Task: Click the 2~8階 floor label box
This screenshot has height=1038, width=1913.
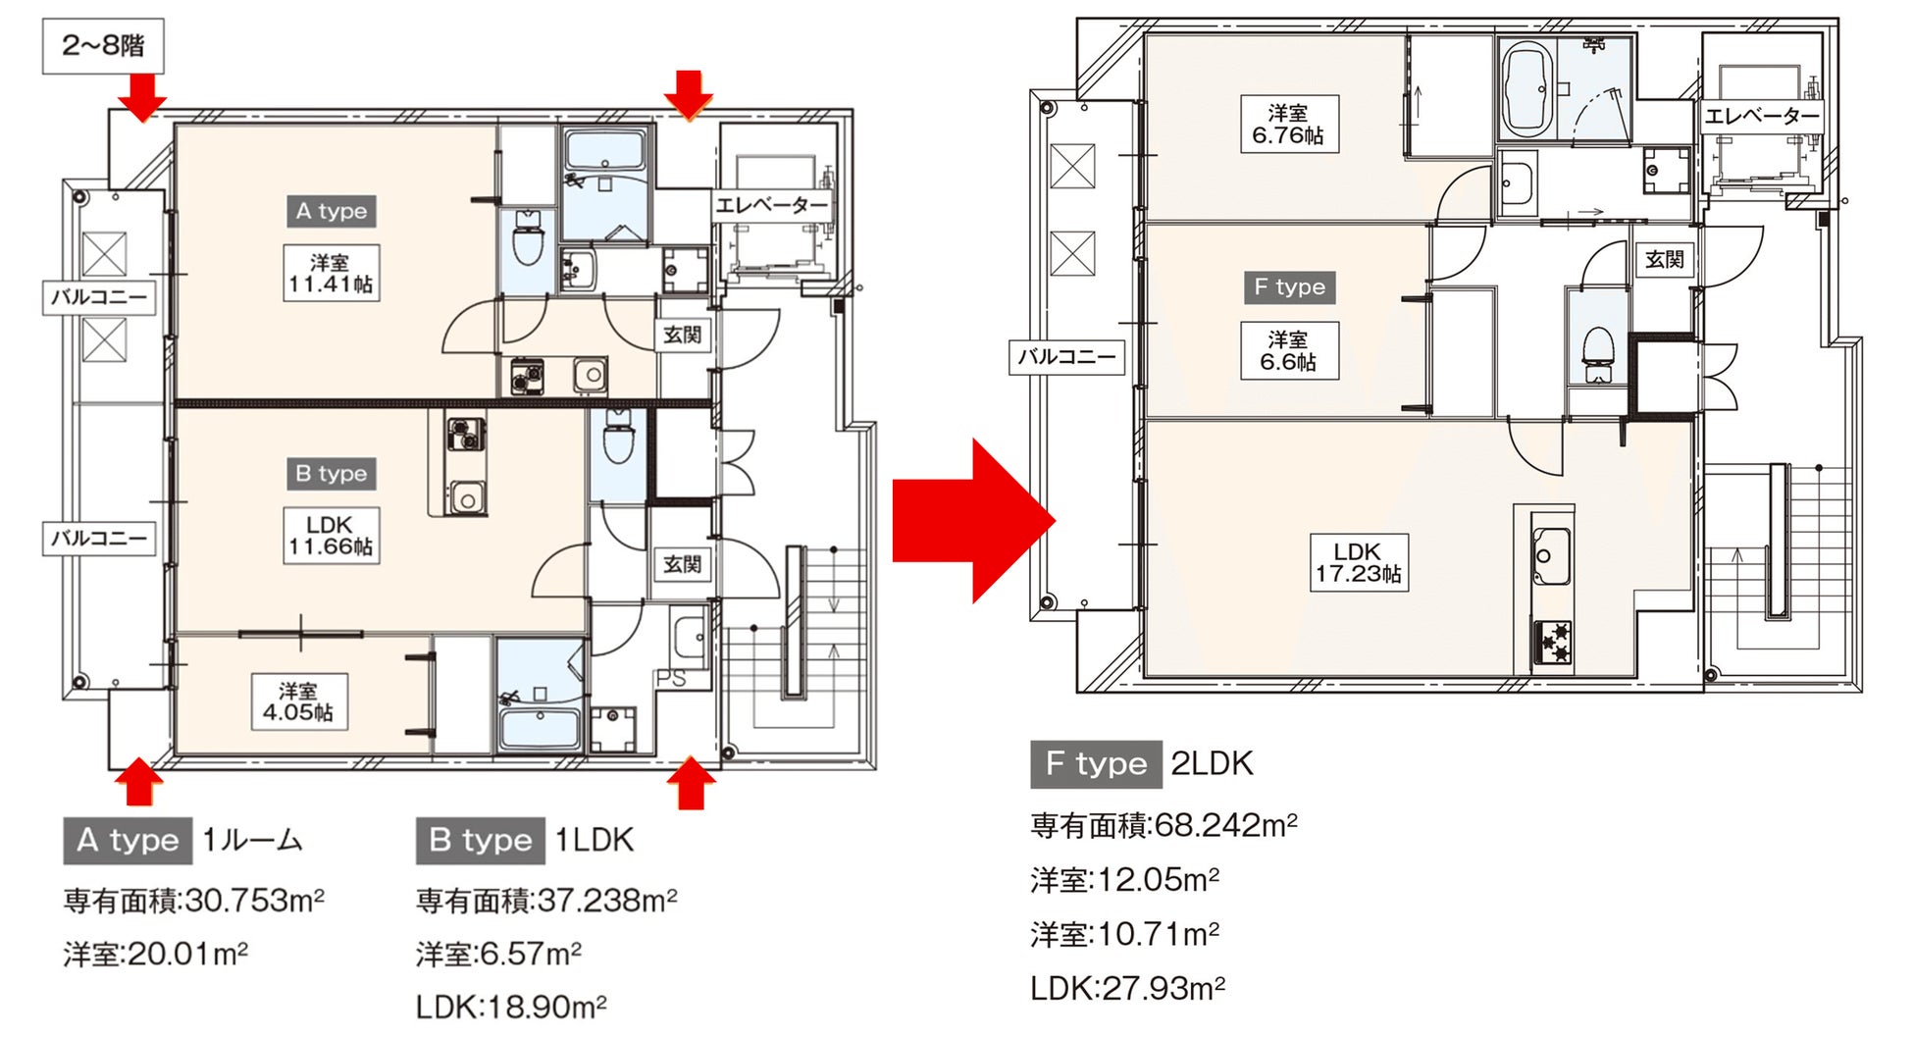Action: pyautogui.click(x=103, y=45)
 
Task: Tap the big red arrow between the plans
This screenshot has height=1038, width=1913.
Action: pyautogui.click(x=973, y=521)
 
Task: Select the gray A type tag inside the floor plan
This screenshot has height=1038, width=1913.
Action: pyautogui.click(x=332, y=211)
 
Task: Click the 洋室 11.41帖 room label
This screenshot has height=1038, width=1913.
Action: pyautogui.click(x=331, y=273)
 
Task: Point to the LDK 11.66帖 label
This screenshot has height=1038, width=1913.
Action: pyautogui.click(x=331, y=536)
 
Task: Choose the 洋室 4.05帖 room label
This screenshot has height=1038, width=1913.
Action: pyautogui.click(x=298, y=701)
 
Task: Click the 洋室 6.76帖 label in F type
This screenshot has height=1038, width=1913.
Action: pyautogui.click(x=1288, y=124)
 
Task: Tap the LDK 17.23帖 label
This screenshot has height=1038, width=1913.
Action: pyautogui.click(x=1359, y=562)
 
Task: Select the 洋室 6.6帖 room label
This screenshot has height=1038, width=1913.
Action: pyautogui.click(x=1288, y=350)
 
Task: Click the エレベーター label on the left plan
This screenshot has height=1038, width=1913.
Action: pyautogui.click(x=772, y=205)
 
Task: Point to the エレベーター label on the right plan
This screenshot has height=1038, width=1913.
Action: pyautogui.click(x=1762, y=116)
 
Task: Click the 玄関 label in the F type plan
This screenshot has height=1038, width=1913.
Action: pyautogui.click(x=1665, y=259)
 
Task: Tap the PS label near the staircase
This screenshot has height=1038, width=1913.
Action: pyautogui.click(x=671, y=678)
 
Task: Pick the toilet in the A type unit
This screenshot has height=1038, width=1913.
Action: pyautogui.click(x=528, y=238)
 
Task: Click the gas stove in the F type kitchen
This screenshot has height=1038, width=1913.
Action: pyautogui.click(x=1553, y=643)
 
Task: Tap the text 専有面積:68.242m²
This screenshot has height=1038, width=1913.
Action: pyautogui.click(x=1164, y=825)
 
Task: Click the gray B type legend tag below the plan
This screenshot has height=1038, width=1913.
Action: pyautogui.click(x=481, y=841)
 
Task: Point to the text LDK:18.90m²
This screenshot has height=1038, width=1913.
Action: pyautogui.click(x=511, y=1007)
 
